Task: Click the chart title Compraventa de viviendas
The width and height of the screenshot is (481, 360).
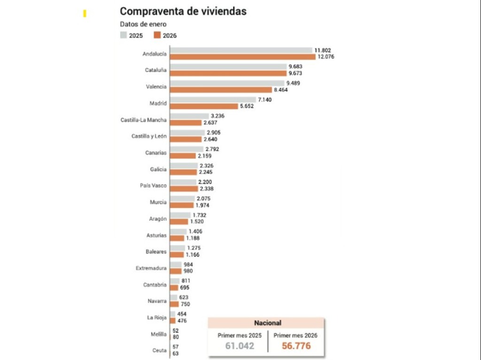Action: pyautogui.click(x=183, y=11)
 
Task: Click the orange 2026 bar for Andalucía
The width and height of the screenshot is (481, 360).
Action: pyautogui.click(x=242, y=57)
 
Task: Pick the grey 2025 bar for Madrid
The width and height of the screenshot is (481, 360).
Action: pyautogui.click(x=213, y=100)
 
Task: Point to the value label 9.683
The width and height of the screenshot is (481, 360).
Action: pyautogui.click(x=296, y=67)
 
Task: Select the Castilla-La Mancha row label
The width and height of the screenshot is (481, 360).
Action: pyautogui.click(x=143, y=120)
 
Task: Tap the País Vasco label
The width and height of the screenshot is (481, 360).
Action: pyautogui.click(x=153, y=185)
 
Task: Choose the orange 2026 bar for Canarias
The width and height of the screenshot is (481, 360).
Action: pyautogui.click(x=183, y=155)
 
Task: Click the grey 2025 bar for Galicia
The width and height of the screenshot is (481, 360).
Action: pyautogui.click(x=184, y=166)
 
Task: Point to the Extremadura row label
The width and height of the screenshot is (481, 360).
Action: pyautogui.click(x=151, y=268)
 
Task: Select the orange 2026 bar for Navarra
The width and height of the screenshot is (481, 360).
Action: pyautogui.click(x=174, y=304)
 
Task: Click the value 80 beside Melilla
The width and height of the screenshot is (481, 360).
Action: pyautogui.click(x=176, y=337)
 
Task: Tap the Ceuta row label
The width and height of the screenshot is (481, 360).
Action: pyautogui.click(x=159, y=350)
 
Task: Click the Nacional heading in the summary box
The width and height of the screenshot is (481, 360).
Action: pyautogui.click(x=267, y=323)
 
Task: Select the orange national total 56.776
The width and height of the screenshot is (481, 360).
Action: pyautogui.click(x=296, y=346)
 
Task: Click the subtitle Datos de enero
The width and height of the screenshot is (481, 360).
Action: pyautogui.click(x=143, y=24)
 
